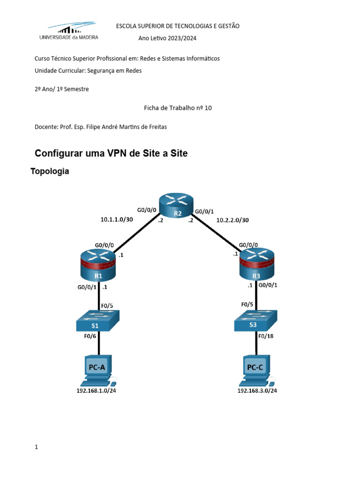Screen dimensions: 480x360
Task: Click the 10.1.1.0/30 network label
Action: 117,219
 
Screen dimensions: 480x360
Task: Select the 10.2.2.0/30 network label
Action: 233,219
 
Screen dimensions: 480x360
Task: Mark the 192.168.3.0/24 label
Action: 257,390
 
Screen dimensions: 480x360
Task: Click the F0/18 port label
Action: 268,336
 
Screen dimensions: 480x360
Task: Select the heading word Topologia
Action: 50,172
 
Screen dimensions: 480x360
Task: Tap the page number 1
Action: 36,447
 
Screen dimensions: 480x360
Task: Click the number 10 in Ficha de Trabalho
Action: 208,108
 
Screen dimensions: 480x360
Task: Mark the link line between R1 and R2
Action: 135,234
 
